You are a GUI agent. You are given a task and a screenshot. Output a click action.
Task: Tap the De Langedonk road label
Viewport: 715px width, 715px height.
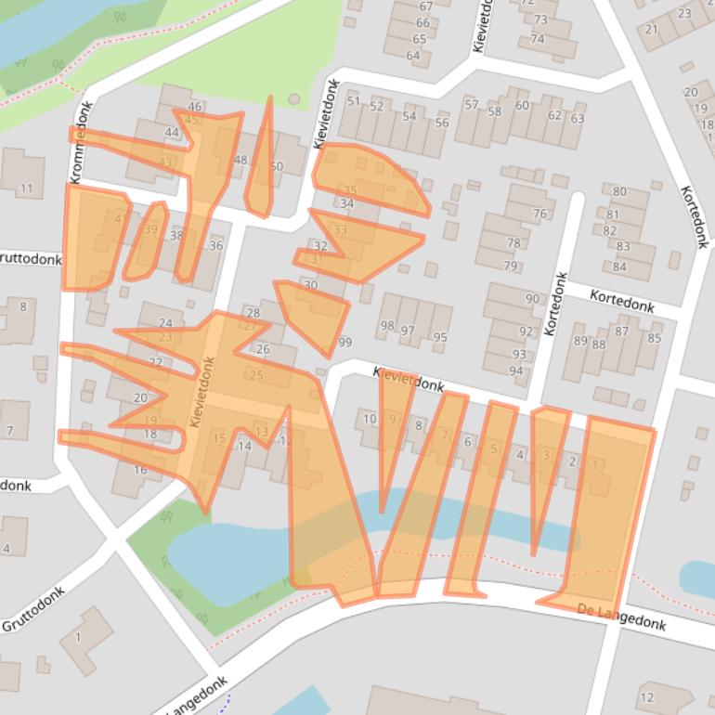(x=621, y=617)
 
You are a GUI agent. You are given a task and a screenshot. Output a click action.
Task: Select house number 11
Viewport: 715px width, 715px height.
(x=26, y=189)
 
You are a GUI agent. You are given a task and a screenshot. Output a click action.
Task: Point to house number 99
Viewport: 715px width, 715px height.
(x=345, y=343)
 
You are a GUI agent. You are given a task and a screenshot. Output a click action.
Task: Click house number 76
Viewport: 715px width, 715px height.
(x=539, y=214)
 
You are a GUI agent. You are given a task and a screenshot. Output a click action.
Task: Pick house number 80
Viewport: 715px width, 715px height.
(x=619, y=191)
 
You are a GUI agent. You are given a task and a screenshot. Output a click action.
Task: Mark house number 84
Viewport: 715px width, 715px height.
(x=619, y=266)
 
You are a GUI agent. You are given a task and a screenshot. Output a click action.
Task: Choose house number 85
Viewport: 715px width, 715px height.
(x=655, y=338)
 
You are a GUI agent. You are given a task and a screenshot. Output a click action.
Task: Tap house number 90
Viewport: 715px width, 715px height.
(x=532, y=299)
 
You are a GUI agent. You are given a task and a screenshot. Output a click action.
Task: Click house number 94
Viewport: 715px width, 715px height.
(x=516, y=370)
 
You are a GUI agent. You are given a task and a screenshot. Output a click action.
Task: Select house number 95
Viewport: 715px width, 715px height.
(x=440, y=338)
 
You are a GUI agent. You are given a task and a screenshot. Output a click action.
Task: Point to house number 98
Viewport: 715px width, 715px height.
(x=386, y=327)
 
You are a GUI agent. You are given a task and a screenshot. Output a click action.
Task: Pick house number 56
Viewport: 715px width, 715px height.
(x=442, y=123)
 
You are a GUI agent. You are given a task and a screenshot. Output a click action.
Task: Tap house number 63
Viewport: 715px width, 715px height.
(x=578, y=118)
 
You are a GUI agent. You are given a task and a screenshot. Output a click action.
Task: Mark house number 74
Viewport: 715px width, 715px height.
(x=537, y=39)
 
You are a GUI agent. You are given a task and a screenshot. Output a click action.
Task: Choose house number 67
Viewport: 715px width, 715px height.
(x=422, y=6)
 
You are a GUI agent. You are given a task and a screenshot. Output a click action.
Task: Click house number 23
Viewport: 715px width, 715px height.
(x=685, y=13)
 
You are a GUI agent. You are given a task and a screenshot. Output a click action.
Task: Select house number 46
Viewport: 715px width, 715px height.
(x=195, y=107)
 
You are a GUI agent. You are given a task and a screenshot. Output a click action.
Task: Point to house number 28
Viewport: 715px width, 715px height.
(x=253, y=313)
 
